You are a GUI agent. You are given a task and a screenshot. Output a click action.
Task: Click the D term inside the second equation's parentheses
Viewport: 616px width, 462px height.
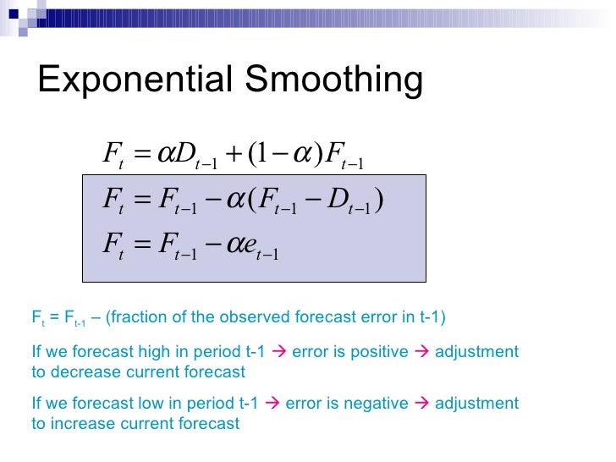(344, 201)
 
